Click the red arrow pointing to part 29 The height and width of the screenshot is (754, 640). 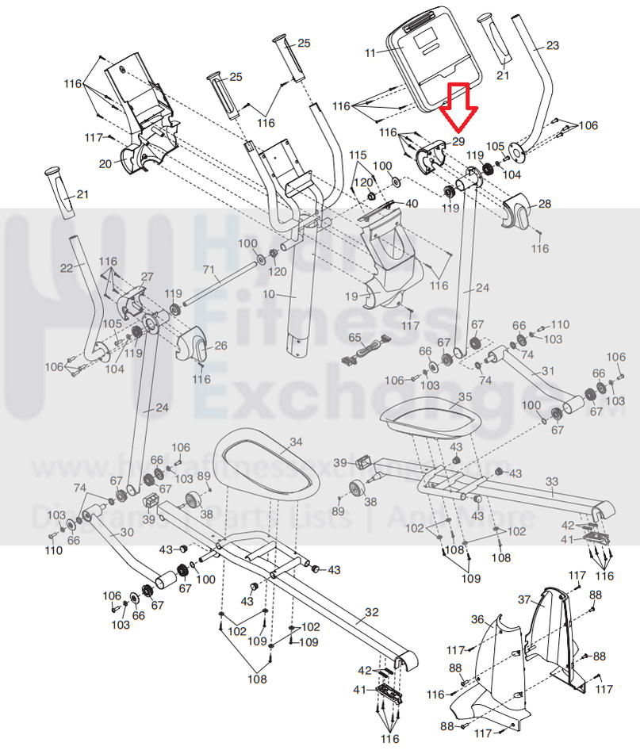point(458,106)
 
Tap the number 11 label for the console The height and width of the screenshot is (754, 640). point(370,52)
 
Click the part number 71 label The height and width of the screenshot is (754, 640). point(209,271)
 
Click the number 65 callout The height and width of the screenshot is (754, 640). point(355,338)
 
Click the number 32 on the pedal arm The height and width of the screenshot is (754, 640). point(371,612)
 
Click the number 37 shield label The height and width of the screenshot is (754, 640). point(524,599)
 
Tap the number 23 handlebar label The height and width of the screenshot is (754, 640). point(553,44)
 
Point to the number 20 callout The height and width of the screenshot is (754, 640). point(105,164)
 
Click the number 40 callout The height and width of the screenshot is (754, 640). point(411,204)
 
